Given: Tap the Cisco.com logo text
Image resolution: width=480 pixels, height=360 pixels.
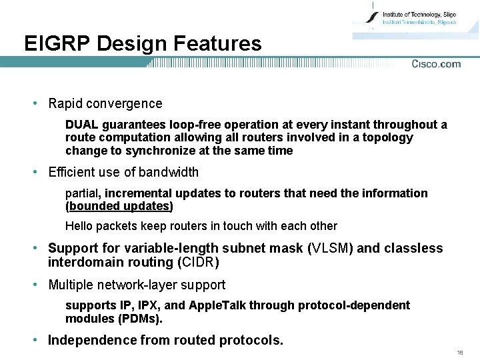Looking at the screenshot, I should (x=436, y=64).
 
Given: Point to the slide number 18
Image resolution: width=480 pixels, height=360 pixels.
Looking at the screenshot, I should (x=460, y=352).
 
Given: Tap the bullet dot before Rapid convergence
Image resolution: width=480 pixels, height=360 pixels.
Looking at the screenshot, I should (x=34, y=103).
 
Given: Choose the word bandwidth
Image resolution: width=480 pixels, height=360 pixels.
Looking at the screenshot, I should (x=167, y=172).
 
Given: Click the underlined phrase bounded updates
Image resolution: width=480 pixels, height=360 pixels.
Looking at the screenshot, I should (x=119, y=206).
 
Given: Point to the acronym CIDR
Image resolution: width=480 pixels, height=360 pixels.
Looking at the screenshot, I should (x=196, y=262).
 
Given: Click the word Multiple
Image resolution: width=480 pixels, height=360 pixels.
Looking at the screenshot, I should (x=73, y=285).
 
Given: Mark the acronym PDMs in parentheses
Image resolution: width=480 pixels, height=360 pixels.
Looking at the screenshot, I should (x=141, y=319).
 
